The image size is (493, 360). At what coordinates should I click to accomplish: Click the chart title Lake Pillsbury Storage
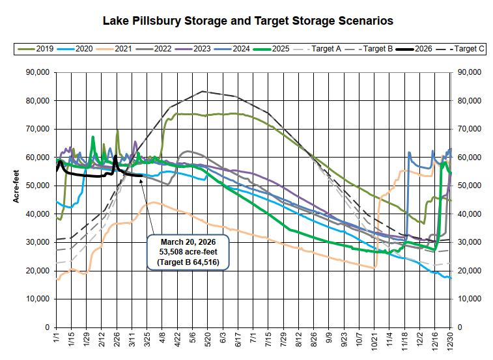pos(248,21)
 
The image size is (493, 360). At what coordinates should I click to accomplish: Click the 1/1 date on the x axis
pos(57,339)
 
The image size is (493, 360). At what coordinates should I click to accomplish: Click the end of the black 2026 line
pos(141,175)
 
